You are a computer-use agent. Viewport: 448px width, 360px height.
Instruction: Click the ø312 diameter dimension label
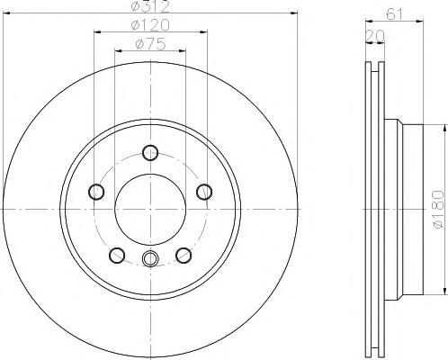150,6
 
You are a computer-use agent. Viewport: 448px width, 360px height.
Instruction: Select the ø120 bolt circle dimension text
150,25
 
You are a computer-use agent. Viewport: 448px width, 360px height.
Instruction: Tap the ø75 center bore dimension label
150,44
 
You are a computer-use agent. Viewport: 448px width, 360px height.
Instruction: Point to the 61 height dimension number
395,14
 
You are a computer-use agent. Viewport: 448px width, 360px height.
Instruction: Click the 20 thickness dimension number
375,36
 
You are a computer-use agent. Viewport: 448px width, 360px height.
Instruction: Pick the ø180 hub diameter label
438,209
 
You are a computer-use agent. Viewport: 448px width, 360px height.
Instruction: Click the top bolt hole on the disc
150,153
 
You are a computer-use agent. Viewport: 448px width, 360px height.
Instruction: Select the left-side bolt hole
96,192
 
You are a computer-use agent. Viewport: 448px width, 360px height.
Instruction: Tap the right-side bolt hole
204,192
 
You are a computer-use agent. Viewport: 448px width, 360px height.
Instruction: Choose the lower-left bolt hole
117,256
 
